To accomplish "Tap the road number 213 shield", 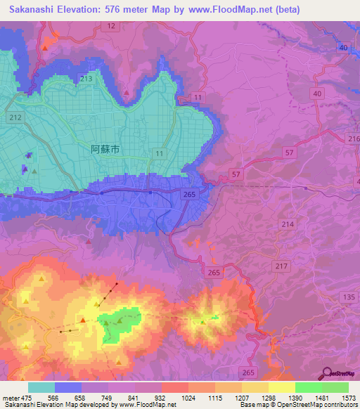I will [x=86, y=79].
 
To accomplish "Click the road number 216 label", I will [x=354, y=140].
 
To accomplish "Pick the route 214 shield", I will [x=288, y=223].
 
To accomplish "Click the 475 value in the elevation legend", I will [x=26, y=398].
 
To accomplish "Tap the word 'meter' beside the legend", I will [x=11, y=398].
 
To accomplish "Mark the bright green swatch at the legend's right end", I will [x=335, y=387].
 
